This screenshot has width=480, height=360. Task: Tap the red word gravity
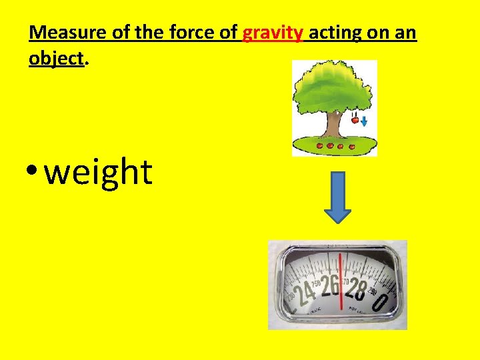pos(273,33)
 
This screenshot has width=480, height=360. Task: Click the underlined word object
pos(57,59)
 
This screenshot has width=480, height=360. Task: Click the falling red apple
pos(355,121)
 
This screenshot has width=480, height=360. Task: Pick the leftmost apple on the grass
pos(320,145)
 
